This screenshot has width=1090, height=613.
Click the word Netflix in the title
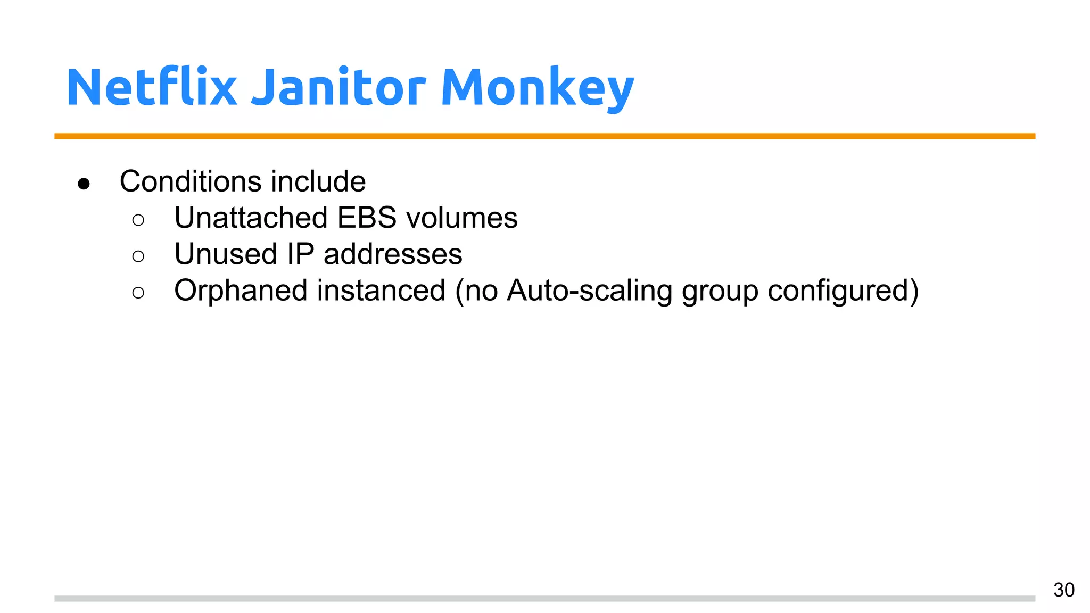pos(151,88)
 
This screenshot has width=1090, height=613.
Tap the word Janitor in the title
pos(338,88)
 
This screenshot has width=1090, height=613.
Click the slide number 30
pos(1063,590)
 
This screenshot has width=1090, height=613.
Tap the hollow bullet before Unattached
pos(138,220)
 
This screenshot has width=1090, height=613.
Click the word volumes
pos(461,218)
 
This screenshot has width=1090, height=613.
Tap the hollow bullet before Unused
pos(138,256)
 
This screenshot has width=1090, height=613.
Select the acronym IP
pos(301,254)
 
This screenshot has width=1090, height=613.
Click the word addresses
pos(393,254)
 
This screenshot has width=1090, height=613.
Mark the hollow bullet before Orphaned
pos(138,293)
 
